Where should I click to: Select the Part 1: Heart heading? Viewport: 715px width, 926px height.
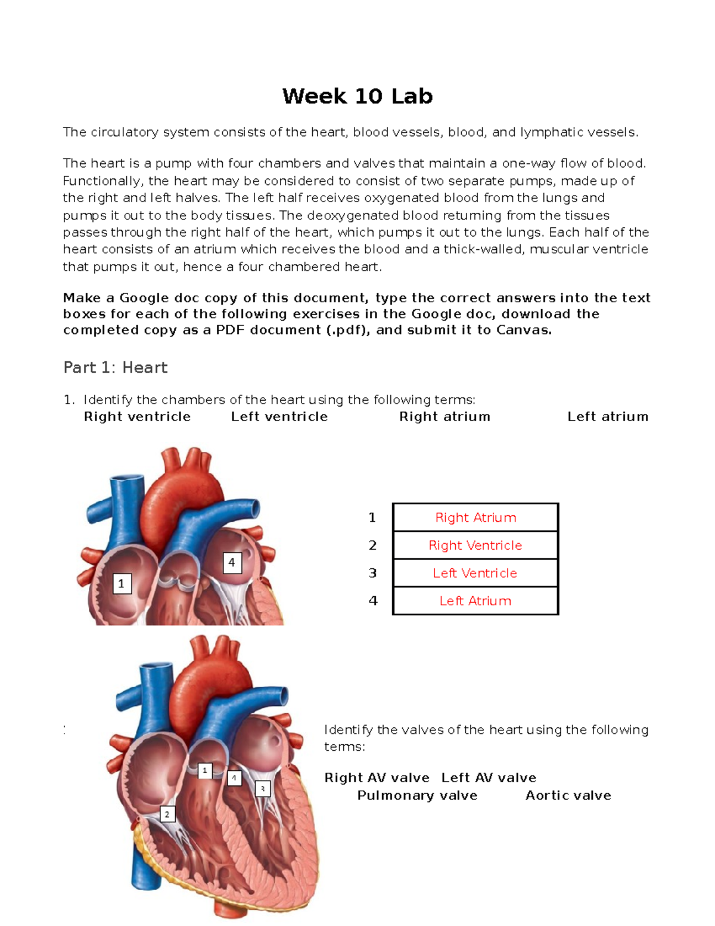[115, 367]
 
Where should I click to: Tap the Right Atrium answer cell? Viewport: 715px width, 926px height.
[475, 518]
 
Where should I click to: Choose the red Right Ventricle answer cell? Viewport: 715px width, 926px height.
[475, 545]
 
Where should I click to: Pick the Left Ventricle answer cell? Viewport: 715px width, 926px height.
[475, 573]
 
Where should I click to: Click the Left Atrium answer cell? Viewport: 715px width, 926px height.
[475, 601]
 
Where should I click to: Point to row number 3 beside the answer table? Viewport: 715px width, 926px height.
[373, 573]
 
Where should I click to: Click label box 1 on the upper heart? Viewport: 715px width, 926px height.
[122, 583]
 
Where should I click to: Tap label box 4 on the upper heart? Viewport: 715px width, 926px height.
[232, 562]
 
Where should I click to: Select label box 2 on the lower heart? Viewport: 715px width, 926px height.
[167, 814]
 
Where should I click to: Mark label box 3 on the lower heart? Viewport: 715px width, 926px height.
[263, 789]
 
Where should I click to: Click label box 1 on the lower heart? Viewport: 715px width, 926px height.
[205, 770]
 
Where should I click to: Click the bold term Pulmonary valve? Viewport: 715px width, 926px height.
[417, 795]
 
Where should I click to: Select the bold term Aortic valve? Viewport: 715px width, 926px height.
[568, 795]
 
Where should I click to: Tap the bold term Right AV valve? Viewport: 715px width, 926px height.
[377, 778]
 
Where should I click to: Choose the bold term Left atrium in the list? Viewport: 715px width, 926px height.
[608, 416]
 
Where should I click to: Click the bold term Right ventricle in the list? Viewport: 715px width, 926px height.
[137, 416]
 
